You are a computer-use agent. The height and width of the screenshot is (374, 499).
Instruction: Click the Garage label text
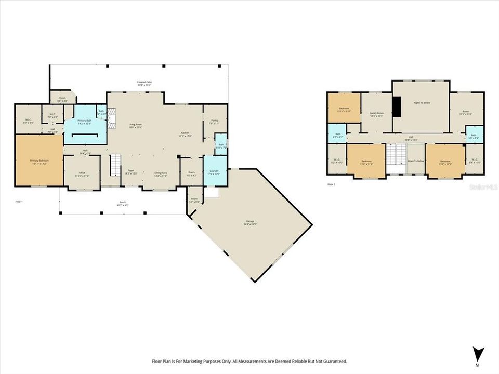[x=249, y=222]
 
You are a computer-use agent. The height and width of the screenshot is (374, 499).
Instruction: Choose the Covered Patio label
[x=144, y=83]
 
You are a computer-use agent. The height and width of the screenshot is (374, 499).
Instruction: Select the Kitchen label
[x=185, y=134]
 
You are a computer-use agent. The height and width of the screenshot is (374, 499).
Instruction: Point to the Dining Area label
[x=161, y=174]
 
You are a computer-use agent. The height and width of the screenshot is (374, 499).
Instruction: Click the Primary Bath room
[x=84, y=122]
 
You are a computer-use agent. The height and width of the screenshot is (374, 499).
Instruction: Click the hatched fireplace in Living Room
[x=111, y=118]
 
